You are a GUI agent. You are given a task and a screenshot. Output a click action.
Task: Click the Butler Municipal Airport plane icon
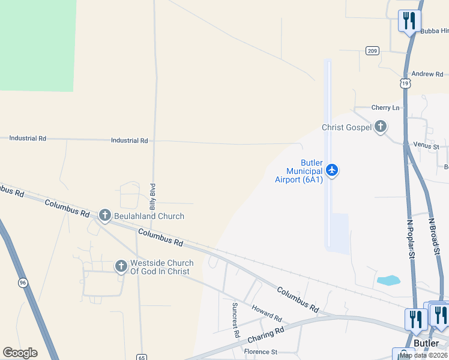(x=332, y=171)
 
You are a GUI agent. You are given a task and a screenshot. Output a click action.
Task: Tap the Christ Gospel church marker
(x=380, y=127)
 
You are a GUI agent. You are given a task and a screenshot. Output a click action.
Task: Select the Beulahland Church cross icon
(x=104, y=215)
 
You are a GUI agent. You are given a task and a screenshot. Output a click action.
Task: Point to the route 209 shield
(x=373, y=52)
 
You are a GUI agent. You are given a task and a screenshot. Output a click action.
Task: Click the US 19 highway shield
(x=406, y=83)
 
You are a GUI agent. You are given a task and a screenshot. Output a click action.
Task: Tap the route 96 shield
(x=23, y=283)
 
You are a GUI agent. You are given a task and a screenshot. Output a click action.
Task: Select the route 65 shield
(x=141, y=356)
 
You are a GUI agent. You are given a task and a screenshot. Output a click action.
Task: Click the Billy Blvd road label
(x=153, y=196)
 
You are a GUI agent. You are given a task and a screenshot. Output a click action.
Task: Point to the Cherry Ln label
(x=385, y=108)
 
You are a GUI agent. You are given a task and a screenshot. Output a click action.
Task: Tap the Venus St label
(x=426, y=146)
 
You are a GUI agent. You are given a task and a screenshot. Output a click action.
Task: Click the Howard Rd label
(x=267, y=313)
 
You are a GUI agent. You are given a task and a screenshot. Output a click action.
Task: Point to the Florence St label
(x=260, y=352)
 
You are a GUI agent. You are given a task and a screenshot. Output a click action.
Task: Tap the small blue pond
(x=388, y=280)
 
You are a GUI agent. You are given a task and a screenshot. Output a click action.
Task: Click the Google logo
(x=20, y=353)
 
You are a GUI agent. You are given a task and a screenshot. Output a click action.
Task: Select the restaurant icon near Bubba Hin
(x=409, y=22)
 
